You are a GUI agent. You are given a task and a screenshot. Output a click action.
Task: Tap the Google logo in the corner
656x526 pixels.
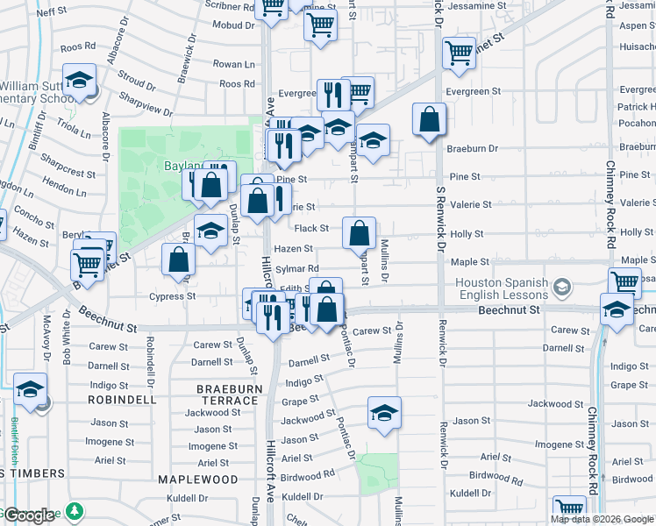29,515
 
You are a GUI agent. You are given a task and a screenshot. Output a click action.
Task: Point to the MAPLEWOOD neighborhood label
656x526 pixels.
197,480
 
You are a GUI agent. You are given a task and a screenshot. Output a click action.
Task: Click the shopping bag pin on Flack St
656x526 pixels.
359,234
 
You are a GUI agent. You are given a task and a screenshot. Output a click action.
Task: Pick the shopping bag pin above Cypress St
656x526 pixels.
179,260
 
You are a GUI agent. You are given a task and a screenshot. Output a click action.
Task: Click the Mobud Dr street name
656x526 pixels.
233,25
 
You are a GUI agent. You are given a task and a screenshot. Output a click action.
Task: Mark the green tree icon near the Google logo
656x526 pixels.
75,511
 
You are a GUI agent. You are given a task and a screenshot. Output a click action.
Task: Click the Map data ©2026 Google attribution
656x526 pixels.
601,519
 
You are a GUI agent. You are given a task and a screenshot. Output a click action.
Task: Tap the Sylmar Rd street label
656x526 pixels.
296,269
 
